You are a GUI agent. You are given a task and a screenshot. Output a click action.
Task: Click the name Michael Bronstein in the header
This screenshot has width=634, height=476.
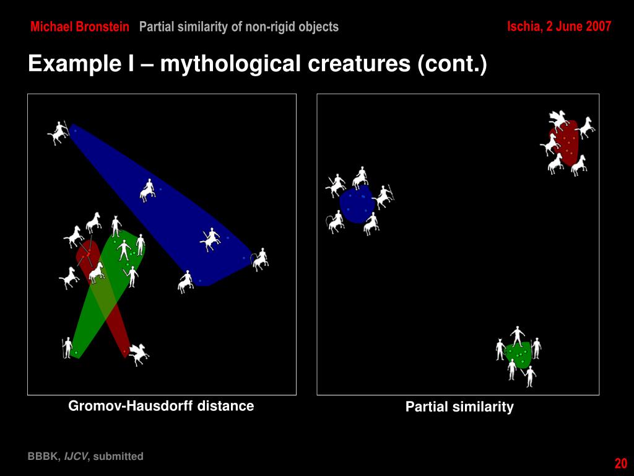click(x=80, y=27)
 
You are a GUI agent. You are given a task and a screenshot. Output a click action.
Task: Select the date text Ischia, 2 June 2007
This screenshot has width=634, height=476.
click(x=558, y=26)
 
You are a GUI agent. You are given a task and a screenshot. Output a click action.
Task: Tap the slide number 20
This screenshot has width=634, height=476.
click(x=620, y=464)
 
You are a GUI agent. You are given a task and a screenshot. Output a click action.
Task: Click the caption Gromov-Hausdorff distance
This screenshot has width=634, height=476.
click(x=161, y=406)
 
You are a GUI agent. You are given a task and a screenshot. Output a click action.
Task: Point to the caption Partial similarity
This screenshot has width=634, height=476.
click(x=459, y=407)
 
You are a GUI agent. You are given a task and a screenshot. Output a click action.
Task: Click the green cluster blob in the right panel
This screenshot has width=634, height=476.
click(x=518, y=354)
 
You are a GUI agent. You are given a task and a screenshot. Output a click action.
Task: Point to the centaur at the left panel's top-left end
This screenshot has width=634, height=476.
click(x=58, y=132)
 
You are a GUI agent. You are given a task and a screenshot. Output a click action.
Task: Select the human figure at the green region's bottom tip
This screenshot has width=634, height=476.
click(x=67, y=347)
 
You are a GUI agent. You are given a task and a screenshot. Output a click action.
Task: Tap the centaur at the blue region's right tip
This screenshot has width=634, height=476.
click(x=261, y=258)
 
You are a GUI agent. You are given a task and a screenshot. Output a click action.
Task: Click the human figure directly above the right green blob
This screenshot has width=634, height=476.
click(x=518, y=335)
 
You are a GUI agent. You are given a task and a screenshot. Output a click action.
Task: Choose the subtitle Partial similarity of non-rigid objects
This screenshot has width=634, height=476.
click(x=238, y=27)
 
